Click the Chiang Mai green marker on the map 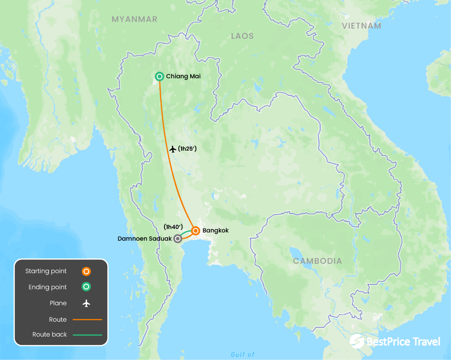[x=159, y=76]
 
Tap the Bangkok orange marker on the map [x=195, y=230]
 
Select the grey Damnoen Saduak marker [x=178, y=238]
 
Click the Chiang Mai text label [x=183, y=76]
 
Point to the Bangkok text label [x=215, y=230]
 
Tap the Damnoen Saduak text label [x=144, y=238]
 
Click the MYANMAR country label [x=134, y=19]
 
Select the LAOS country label [x=242, y=36]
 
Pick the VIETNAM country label [x=361, y=26]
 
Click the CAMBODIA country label [x=318, y=261]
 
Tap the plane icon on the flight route [x=173, y=149]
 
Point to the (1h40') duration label [x=173, y=227]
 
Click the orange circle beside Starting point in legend [x=86, y=271]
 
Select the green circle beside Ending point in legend [x=86, y=287]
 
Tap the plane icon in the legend [x=86, y=303]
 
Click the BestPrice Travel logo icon [x=357, y=341]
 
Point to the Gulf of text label [x=243, y=355]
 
